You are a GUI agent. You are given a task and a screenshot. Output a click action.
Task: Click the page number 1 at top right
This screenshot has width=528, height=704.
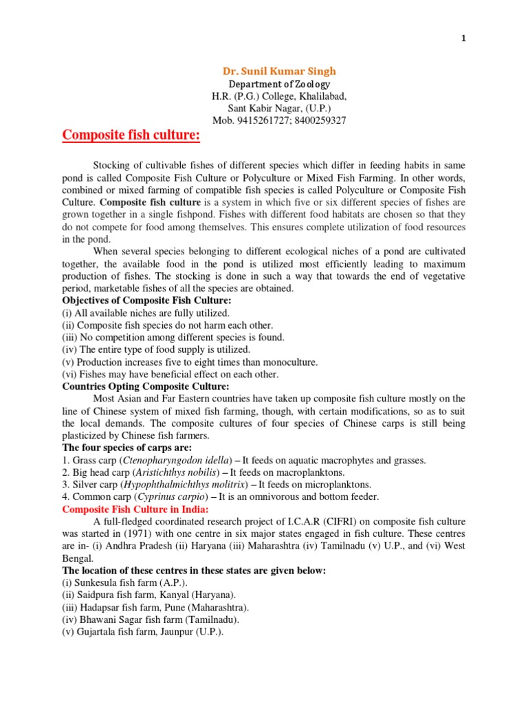pyautogui.click(x=463, y=38)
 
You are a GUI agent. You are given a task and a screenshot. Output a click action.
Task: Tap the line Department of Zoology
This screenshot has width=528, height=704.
pyautogui.click(x=278, y=83)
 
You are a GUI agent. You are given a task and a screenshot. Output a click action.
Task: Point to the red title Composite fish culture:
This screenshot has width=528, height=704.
pyautogui.click(x=131, y=135)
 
